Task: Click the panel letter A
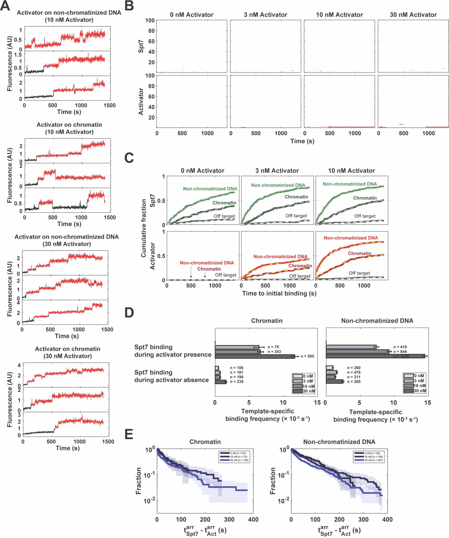(5, 6)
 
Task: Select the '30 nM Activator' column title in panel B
(413, 15)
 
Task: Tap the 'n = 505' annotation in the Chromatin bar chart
(307, 356)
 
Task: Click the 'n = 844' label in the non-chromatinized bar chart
(400, 351)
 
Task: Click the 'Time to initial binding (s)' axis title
(279, 293)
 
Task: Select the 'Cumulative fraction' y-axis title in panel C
(144, 228)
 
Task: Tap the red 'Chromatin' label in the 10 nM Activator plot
(360, 253)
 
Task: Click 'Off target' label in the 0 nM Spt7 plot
(224, 216)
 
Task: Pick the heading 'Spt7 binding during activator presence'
(173, 351)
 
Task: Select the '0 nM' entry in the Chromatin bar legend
(308, 376)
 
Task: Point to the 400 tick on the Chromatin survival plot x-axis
(253, 519)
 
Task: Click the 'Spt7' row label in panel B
(141, 46)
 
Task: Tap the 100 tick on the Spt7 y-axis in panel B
(150, 20)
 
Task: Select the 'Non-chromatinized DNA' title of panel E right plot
(339, 442)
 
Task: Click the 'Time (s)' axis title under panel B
(302, 141)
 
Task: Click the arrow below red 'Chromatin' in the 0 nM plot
(205, 275)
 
